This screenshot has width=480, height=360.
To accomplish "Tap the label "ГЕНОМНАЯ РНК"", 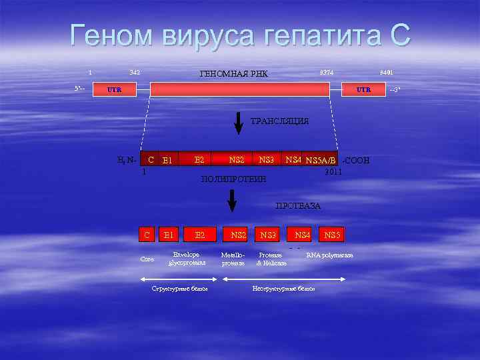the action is click(234, 73).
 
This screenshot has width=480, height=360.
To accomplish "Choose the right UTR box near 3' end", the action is click(363, 89).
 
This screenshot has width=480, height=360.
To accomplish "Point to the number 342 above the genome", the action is click(133, 72).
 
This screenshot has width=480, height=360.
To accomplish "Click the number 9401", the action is click(387, 72).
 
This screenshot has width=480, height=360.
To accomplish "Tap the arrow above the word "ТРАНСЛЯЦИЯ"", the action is click(239, 123).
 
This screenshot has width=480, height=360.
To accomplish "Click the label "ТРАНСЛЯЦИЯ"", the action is click(279, 121).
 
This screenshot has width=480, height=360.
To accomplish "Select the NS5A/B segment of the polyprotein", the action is click(321, 161).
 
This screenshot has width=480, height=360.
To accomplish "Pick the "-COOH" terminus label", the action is click(355, 161).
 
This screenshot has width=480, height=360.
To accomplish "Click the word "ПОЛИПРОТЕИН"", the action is click(233, 179).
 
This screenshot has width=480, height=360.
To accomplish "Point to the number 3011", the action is click(333, 172).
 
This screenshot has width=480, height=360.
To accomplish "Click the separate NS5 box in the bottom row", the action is click(332, 235).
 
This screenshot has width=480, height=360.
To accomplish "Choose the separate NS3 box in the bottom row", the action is click(269, 235).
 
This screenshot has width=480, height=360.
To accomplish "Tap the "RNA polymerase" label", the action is click(329, 255).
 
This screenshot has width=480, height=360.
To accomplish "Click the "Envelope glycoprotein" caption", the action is click(187, 259).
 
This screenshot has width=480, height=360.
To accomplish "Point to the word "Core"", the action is click(147, 259).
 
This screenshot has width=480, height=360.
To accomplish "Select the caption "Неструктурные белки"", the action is click(283, 289).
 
